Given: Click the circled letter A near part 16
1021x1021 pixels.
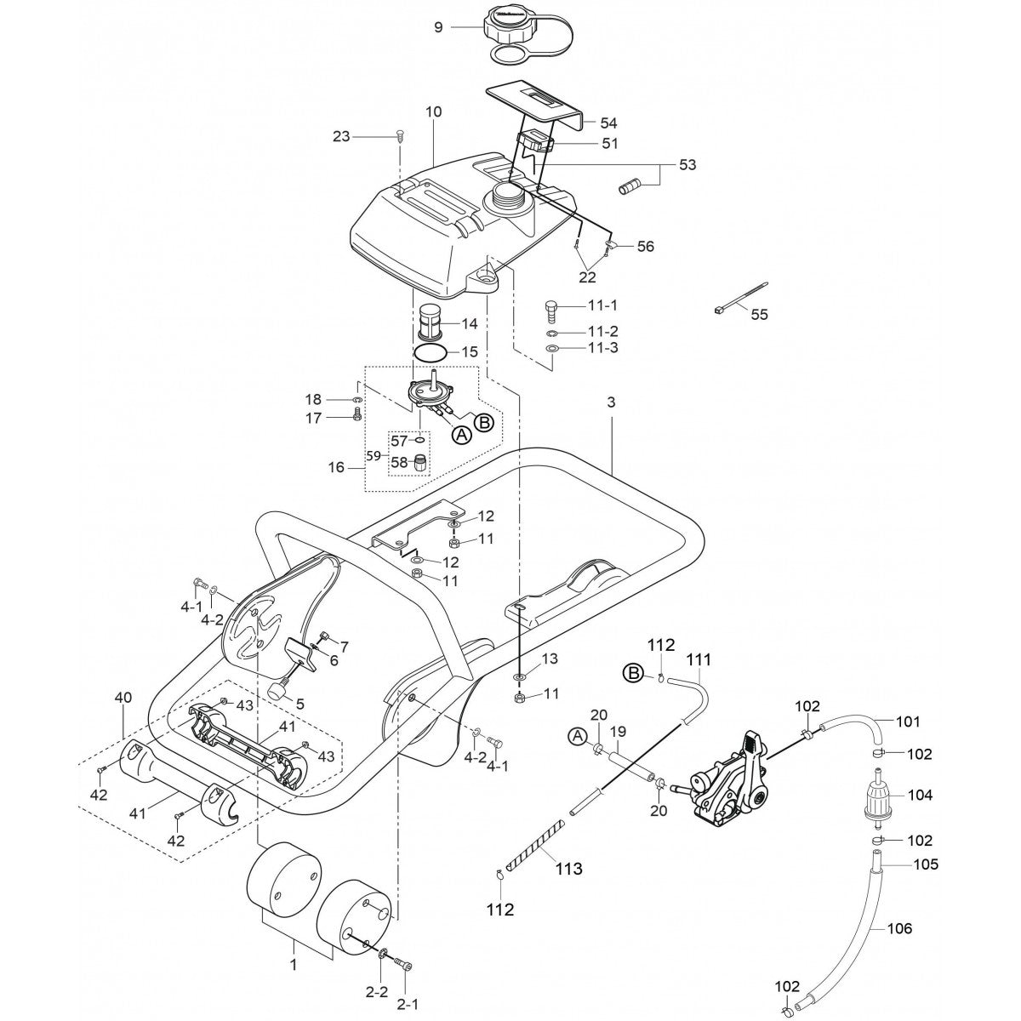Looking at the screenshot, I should pyautogui.click(x=460, y=435).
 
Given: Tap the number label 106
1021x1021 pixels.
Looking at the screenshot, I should pyautogui.click(x=899, y=928).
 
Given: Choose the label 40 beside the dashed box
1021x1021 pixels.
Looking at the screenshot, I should pyautogui.click(x=123, y=698).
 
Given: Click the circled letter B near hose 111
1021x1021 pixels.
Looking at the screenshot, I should pyautogui.click(x=632, y=674).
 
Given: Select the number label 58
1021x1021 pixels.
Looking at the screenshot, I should pyautogui.click(x=399, y=462).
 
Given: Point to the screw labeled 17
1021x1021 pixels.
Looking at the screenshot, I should pyautogui.click(x=357, y=416).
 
